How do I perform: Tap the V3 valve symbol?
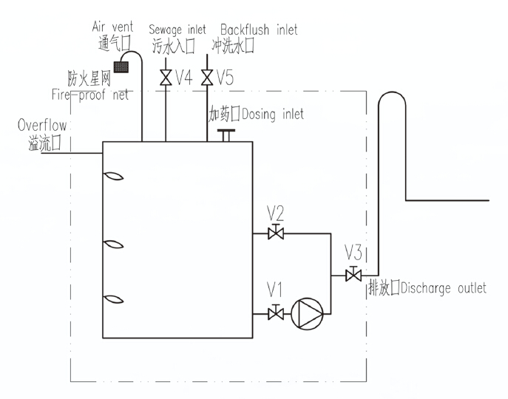pyautogui.click(x=353, y=275)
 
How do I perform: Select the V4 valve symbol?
pyautogui.click(x=164, y=76)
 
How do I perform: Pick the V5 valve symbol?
pyautogui.click(x=208, y=76)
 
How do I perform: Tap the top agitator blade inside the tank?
pyautogui.click(x=112, y=177)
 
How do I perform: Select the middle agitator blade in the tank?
pyautogui.click(x=112, y=245)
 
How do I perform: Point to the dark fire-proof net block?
pyautogui.click(x=121, y=67)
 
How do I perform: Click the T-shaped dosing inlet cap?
pyautogui.click(x=226, y=134)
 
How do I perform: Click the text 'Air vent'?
pyautogui.click(x=112, y=27)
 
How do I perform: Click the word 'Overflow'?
pyautogui.click(x=42, y=126)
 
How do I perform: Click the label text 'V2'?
pyautogui.click(x=276, y=214)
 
